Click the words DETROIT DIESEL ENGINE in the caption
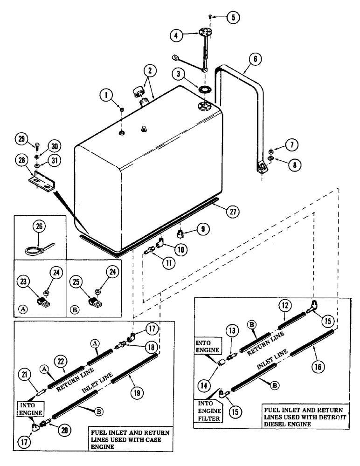[x=305, y=421]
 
